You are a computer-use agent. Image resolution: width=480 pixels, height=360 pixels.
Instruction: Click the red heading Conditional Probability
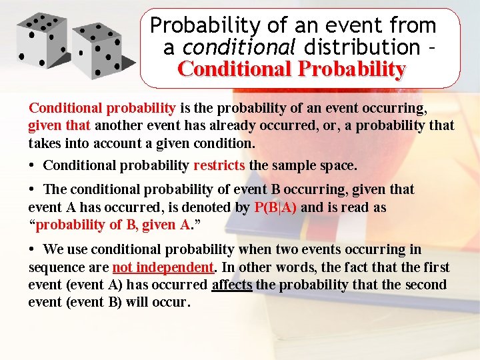pyautogui.click(x=291, y=69)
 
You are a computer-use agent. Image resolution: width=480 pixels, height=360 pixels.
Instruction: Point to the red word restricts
pyautogui.click(x=219, y=165)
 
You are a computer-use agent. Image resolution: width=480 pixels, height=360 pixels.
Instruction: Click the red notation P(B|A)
pyautogui.click(x=275, y=207)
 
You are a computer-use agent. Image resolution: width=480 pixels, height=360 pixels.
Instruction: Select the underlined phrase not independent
pyautogui.click(x=163, y=267)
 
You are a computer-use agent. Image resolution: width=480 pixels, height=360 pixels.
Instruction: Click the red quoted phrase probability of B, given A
pyautogui.click(x=113, y=225)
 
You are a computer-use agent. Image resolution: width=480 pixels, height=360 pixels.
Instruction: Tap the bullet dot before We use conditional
pyautogui.click(x=33, y=249)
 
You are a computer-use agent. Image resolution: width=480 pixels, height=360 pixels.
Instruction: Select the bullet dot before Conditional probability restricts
pyautogui.click(x=33, y=165)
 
